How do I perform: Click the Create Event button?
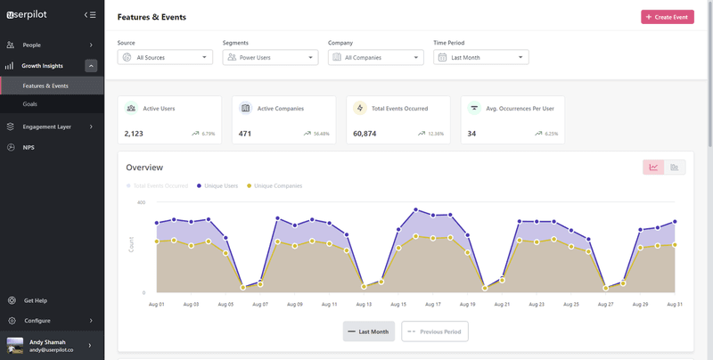coord(668,17)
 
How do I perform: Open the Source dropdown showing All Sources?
coord(165,57)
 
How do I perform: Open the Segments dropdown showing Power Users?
coord(270,57)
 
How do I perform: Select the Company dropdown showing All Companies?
coord(375,57)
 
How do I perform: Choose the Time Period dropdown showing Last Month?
coord(480,57)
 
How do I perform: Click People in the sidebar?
coord(32,45)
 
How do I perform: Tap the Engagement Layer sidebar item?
coord(46,127)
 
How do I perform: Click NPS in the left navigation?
coord(29,147)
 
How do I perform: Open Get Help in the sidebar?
coord(36,300)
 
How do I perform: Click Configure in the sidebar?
coord(37,321)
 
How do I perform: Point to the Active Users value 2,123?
coord(134,134)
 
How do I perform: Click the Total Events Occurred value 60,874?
coord(365,134)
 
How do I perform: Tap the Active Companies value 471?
coord(245,134)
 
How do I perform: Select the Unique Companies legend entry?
coord(277,185)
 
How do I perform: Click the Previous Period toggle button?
coord(435,331)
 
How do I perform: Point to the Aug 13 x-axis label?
coord(364,304)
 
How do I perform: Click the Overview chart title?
coord(144,168)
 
